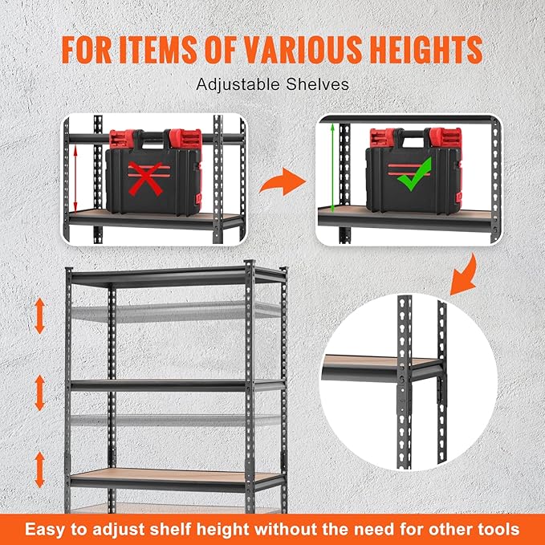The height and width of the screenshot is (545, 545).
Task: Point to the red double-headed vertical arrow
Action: (x=76, y=181)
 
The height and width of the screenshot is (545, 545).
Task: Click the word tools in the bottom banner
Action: (x=495, y=529)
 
